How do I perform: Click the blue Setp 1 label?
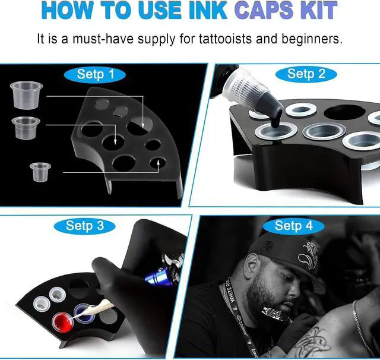coord(95,74)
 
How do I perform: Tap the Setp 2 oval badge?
coord(306,74)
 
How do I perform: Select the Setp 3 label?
coord(84,226)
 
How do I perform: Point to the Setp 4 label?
coord(293,226)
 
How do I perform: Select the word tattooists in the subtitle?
coord(226,39)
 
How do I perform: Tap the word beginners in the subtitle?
coord(312,39)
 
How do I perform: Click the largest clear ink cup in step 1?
coord(26,95)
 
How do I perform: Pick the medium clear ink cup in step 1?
coord(26,128)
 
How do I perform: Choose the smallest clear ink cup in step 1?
coord(40,172)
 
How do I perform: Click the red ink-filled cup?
coord(63,322)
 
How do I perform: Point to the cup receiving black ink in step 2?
coord(275,132)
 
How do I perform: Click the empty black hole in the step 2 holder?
coord(344,112)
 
